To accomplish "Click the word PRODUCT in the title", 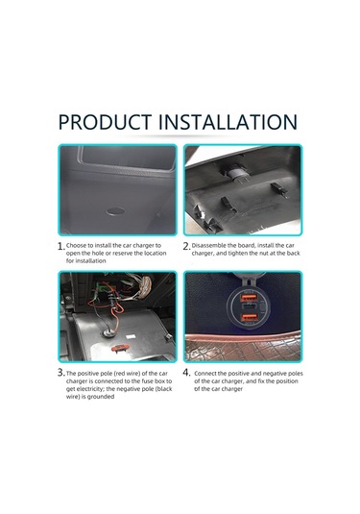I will click(x=106, y=123).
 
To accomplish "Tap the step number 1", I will click(x=60, y=247).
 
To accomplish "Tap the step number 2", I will click(x=186, y=247).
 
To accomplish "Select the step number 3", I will click(x=60, y=373).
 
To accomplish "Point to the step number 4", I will click(x=186, y=373).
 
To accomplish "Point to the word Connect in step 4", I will click(x=208, y=372).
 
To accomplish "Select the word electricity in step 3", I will click(x=91, y=388).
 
